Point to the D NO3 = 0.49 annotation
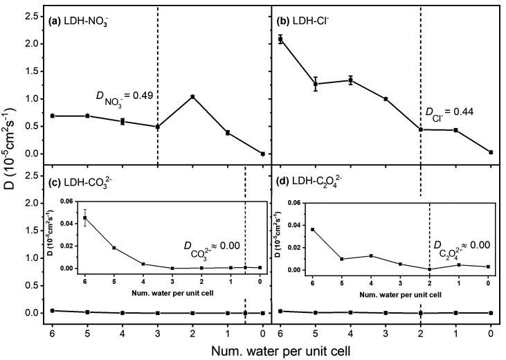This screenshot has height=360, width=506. click(124, 98)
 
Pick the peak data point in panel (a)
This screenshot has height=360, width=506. click(192, 96)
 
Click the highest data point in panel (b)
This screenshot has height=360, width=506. click(280, 39)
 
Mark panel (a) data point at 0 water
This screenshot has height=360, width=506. click(262, 154)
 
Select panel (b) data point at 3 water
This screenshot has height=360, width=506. click(386, 99)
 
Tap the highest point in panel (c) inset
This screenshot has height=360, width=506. click(85, 217)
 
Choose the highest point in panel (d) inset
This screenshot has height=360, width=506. click(312, 229)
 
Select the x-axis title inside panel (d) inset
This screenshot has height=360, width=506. click(400, 296)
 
